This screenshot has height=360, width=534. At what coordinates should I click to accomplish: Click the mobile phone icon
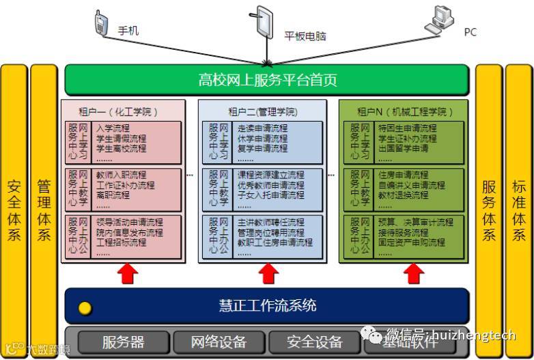click(102, 24)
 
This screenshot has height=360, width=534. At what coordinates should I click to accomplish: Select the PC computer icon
click(441, 21)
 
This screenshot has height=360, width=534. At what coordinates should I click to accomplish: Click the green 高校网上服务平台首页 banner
click(267, 80)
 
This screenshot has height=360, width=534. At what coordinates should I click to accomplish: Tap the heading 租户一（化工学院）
click(123, 111)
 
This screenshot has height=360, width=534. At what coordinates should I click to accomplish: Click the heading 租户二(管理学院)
click(263, 111)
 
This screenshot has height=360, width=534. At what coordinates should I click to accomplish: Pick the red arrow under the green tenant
click(412, 274)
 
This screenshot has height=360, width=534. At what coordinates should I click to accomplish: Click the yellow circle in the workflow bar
click(85, 307)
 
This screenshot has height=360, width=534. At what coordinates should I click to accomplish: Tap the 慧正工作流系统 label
click(267, 305)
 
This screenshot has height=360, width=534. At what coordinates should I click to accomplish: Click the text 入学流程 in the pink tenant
click(112, 128)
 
